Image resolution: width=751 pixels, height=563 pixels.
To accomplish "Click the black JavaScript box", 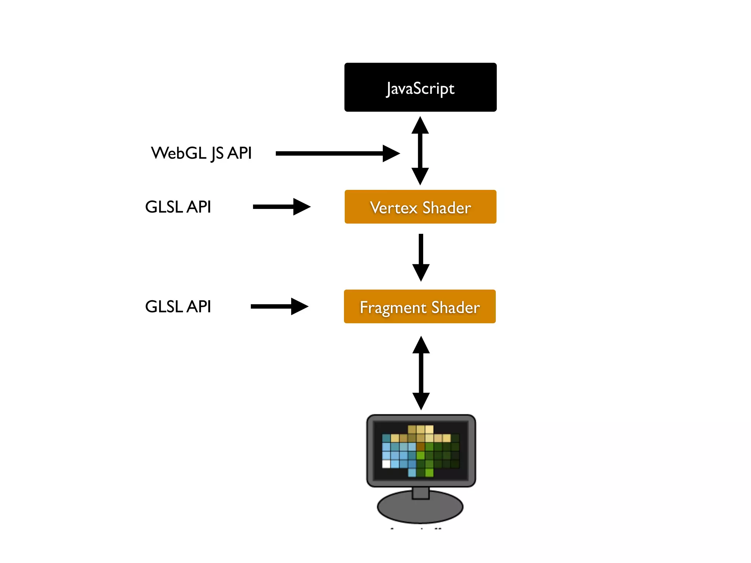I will coord(420,87).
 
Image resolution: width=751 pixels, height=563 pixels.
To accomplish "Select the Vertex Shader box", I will coord(420,207).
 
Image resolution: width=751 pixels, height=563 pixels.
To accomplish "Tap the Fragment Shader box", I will coord(420,306).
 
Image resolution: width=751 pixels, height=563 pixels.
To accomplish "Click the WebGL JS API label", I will coord(201,153).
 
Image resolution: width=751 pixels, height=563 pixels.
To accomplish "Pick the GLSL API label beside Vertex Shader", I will coord(178,207).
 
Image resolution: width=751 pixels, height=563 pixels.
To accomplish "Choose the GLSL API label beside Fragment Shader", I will coord(178,307).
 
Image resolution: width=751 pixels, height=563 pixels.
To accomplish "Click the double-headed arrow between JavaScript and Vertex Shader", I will coord(420,151).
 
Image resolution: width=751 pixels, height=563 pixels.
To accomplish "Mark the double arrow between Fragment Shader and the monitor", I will coord(421,373).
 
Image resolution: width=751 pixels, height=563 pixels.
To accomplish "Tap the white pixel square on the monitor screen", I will coord(386,464).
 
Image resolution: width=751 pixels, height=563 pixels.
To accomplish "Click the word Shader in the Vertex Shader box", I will coord(447,208).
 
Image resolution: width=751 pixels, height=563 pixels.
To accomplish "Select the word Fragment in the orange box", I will coord(393,308).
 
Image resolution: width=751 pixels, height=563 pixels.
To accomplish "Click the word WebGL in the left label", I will coord(179,153).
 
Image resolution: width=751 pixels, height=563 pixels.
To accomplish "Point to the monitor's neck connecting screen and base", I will coord(421,493).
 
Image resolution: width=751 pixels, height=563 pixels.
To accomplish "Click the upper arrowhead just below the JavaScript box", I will coord(420,125).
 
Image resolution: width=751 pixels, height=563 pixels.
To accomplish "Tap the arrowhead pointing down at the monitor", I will coord(421,401).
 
